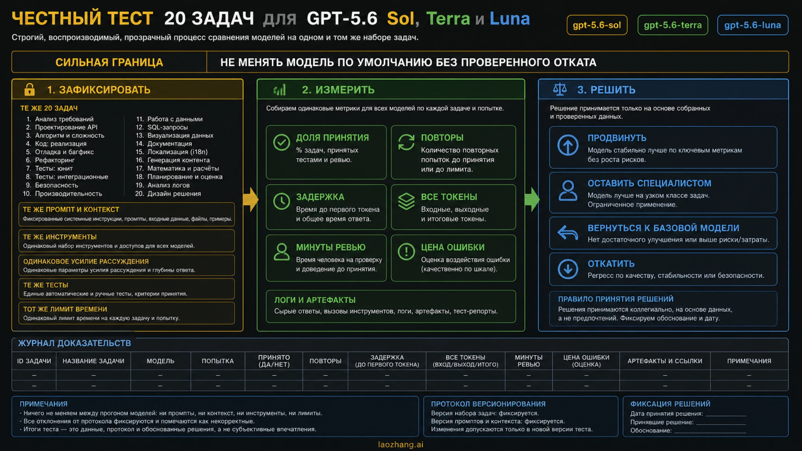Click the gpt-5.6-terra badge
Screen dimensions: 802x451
pos(672,25)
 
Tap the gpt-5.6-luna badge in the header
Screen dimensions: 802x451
pos(753,25)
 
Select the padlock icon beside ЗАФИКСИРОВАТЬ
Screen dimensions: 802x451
pos(29,90)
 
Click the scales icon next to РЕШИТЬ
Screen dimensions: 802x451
pos(560,89)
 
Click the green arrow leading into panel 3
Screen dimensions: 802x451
pos(532,199)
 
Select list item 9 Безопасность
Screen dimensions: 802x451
pos(52,185)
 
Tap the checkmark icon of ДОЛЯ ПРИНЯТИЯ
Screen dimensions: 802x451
pos(281,143)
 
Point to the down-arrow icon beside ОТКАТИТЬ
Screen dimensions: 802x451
pos(568,269)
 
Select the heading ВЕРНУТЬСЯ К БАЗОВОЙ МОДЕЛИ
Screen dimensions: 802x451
pos(663,228)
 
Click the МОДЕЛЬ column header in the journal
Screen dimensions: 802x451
pos(160,361)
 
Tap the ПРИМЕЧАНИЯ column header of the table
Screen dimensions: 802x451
pos(749,361)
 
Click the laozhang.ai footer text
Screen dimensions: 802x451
pos(401,445)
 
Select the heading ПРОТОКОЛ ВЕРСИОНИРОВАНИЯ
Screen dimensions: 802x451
pos(488,404)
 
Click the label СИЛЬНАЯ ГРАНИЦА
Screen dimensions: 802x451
pos(109,62)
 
